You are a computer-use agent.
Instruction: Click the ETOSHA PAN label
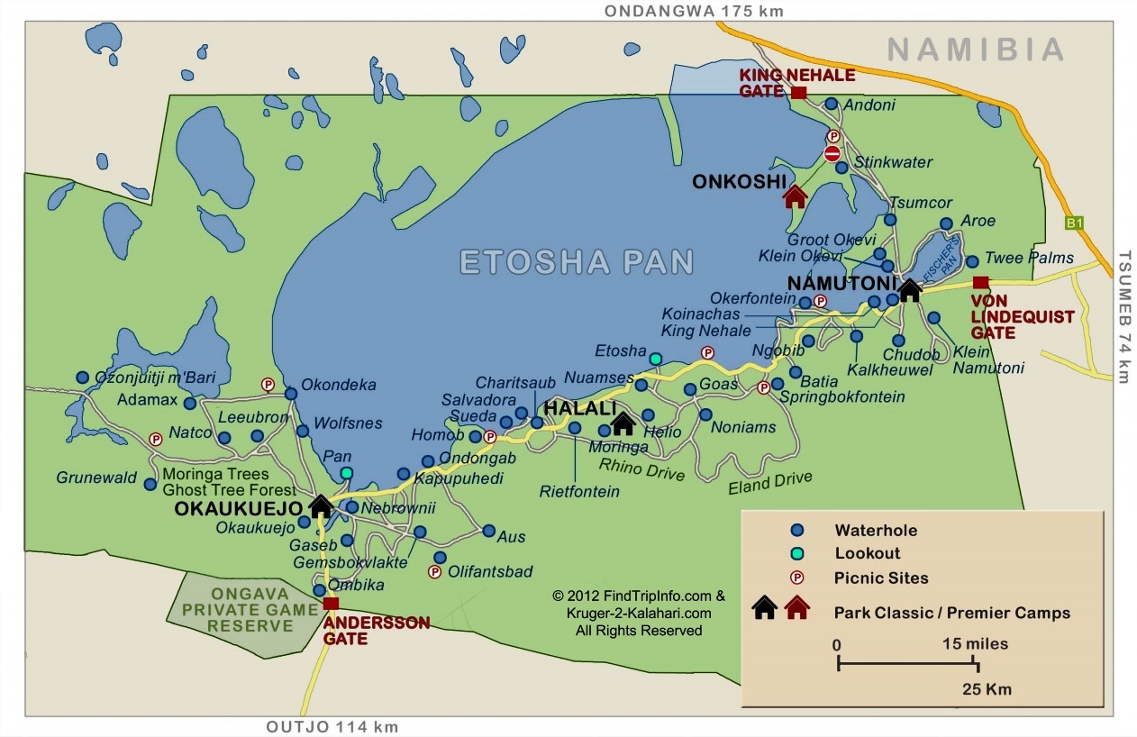click(x=577, y=262)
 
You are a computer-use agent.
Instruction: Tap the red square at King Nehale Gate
click(x=798, y=93)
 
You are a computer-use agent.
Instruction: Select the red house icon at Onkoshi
click(x=795, y=196)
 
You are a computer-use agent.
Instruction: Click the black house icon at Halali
click(x=623, y=422)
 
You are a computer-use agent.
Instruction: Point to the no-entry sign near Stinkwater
click(x=832, y=154)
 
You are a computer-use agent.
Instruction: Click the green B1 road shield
click(x=1073, y=223)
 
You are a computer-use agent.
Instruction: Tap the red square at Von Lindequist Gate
click(x=981, y=282)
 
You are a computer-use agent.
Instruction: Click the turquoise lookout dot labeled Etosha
click(x=656, y=359)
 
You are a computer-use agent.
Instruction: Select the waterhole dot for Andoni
click(x=831, y=105)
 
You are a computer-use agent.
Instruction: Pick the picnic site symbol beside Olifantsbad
click(x=434, y=571)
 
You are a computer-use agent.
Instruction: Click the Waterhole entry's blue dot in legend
click(x=796, y=530)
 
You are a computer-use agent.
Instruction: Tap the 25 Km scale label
click(x=986, y=690)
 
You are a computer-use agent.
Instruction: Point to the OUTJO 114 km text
click(x=332, y=727)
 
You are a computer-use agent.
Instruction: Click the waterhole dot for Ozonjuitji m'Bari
click(x=82, y=378)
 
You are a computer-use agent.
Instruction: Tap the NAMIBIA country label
click(x=976, y=50)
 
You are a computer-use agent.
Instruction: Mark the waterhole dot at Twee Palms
click(x=972, y=261)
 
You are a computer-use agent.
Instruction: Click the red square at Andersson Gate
click(x=331, y=604)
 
